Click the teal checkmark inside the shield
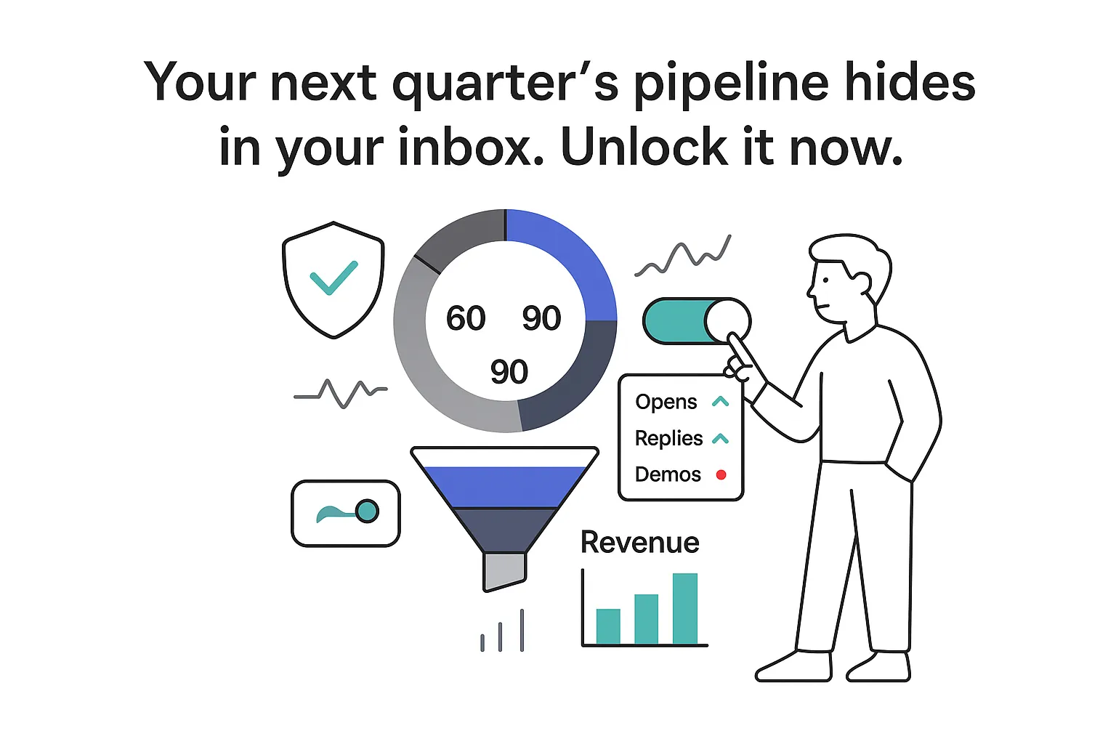pos(333,278)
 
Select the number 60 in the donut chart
pos(466,318)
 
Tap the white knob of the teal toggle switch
pos(727,320)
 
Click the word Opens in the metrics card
pos(666,402)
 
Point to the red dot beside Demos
pos(721,475)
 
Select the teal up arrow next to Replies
pos(720,439)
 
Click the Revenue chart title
pos(639,543)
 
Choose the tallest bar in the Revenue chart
pos(684,609)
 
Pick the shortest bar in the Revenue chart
pos(608,626)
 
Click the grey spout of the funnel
pos(504,571)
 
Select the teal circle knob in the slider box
pos(368,511)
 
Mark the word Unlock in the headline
pos(644,148)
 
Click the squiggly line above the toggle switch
pos(683,259)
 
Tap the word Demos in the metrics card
pos(668,475)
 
